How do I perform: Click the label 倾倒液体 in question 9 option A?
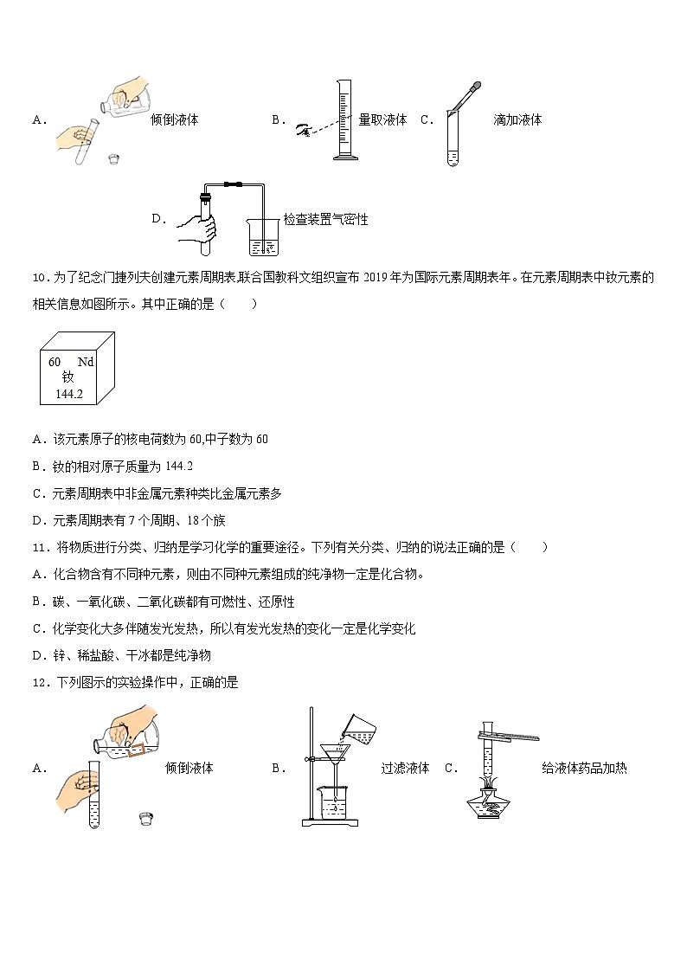(174, 120)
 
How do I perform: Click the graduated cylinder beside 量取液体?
(344, 121)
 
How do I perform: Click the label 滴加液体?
(517, 120)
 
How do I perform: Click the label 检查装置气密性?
(325, 220)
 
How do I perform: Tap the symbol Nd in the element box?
(85, 362)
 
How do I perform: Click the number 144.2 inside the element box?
(68, 394)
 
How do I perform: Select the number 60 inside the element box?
(55, 362)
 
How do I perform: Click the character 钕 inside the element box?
(68, 377)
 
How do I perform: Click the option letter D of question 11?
(37, 655)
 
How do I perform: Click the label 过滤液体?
(405, 768)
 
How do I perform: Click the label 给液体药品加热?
(584, 768)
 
